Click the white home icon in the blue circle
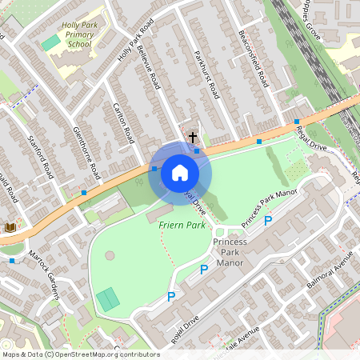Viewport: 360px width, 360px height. (x=180, y=173)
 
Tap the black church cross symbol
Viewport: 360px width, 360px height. (x=193, y=138)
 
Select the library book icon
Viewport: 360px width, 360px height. (x=10, y=228)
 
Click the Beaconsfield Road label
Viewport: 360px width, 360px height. (x=253, y=60)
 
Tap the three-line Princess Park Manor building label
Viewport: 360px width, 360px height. (x=230, y=251)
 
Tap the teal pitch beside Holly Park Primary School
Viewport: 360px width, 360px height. (x=50, y=42)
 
